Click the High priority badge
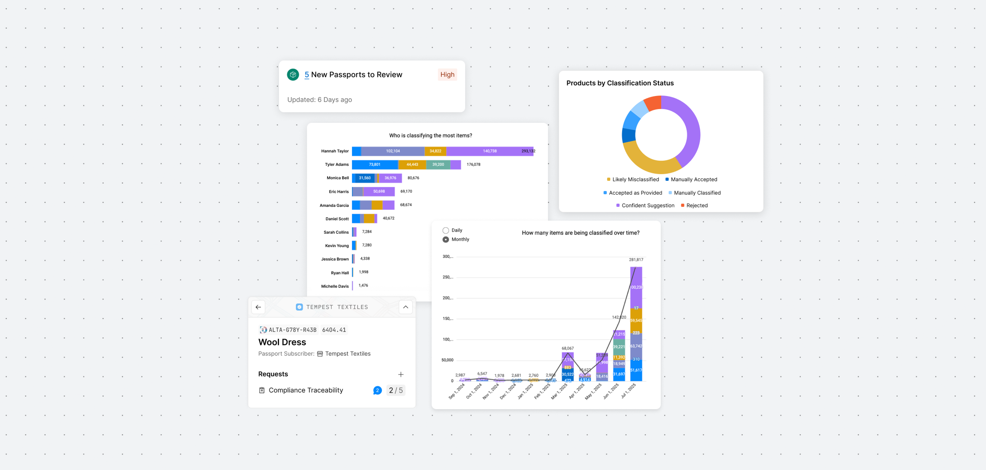point(447,75)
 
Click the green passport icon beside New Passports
point(293,75)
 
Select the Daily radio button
point(446,230)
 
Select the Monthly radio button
point(446,240)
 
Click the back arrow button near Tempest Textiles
point(258,307)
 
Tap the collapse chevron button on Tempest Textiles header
point(405,307)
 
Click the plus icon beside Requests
point(401,374)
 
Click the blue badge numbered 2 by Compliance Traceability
point(377,390)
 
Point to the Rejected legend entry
point(694,205)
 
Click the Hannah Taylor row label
point(335,151)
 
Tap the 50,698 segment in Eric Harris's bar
point(379,191)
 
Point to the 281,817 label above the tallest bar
point(636,260)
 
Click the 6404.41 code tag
point(334,330)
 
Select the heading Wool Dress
point(282,342)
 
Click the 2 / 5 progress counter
point(395,390)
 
